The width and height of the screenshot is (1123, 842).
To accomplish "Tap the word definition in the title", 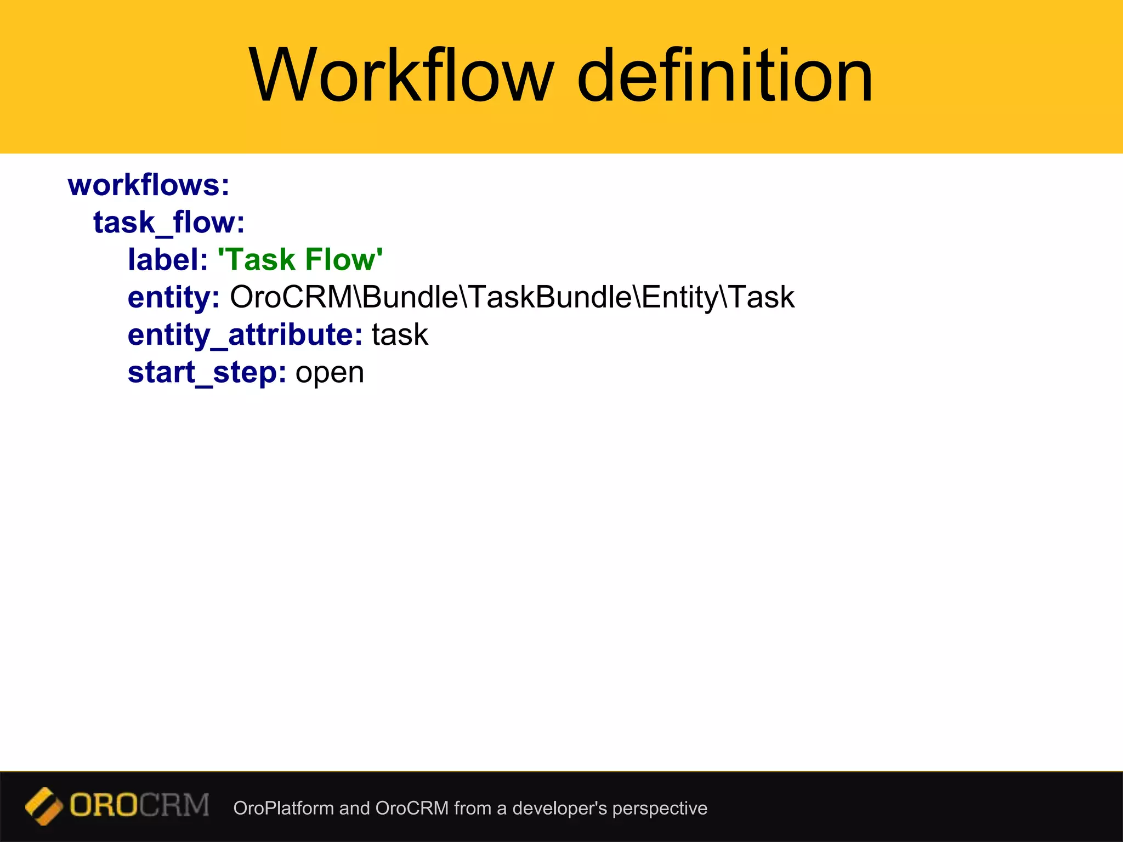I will pos(724,75).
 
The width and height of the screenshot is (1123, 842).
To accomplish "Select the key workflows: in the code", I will pos(149,185).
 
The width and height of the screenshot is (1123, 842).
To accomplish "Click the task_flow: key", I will pos(169,223).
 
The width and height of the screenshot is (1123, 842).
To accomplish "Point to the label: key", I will pos(168,259).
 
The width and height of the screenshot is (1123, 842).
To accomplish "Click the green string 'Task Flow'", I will pos(300,259).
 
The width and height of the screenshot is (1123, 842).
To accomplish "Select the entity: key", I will pos(173,298).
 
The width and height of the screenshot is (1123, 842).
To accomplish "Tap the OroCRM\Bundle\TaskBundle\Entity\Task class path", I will pos(512,297).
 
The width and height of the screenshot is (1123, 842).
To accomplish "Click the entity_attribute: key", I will pos(245,335).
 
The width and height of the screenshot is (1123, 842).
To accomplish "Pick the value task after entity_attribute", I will pos(400,335).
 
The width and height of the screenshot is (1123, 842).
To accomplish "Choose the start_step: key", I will pos(207,373).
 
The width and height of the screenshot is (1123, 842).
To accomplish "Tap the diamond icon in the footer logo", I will pos(43,806).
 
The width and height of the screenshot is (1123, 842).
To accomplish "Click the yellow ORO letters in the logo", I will pos(104,806).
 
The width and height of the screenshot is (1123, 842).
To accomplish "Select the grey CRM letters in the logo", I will pos(174,806).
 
